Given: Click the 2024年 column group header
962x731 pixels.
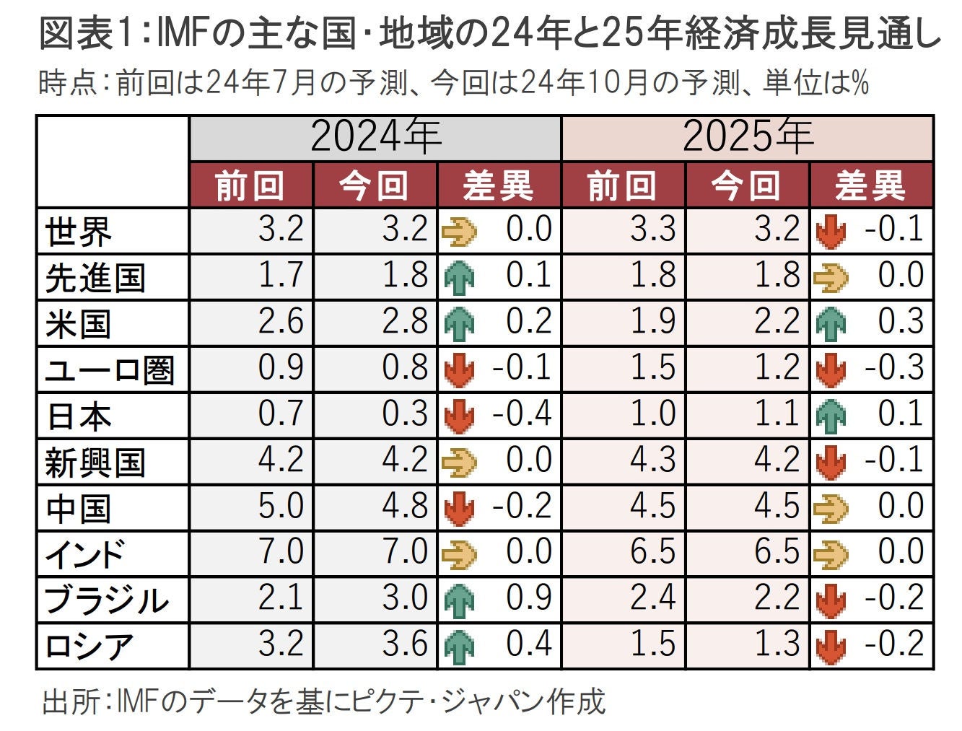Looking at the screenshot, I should [x=375, y=137].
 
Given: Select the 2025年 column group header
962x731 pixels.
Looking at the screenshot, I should [x=748, y=137].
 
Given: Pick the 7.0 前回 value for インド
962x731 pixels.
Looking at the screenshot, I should [x=281, y=552].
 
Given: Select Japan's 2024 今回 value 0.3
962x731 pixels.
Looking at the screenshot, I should [x=405, y=414].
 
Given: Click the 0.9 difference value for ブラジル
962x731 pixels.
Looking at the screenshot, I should [x=529, y=598].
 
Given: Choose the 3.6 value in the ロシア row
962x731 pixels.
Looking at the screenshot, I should [x=405, y=644].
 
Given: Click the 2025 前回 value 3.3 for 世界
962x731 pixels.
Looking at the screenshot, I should [x=653, y=229].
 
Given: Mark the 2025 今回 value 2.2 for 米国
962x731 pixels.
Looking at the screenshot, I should [x=777, y=322].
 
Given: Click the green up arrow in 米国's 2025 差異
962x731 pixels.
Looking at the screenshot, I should [x=831, y=323].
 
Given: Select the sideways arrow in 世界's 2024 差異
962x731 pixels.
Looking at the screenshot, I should [x=459, y=232].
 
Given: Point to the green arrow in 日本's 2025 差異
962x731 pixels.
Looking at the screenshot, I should [x=831, y=416].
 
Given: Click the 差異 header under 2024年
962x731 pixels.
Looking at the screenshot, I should [x=499, y=186].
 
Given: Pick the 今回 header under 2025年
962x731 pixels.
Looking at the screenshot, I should [x=747, y=186].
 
